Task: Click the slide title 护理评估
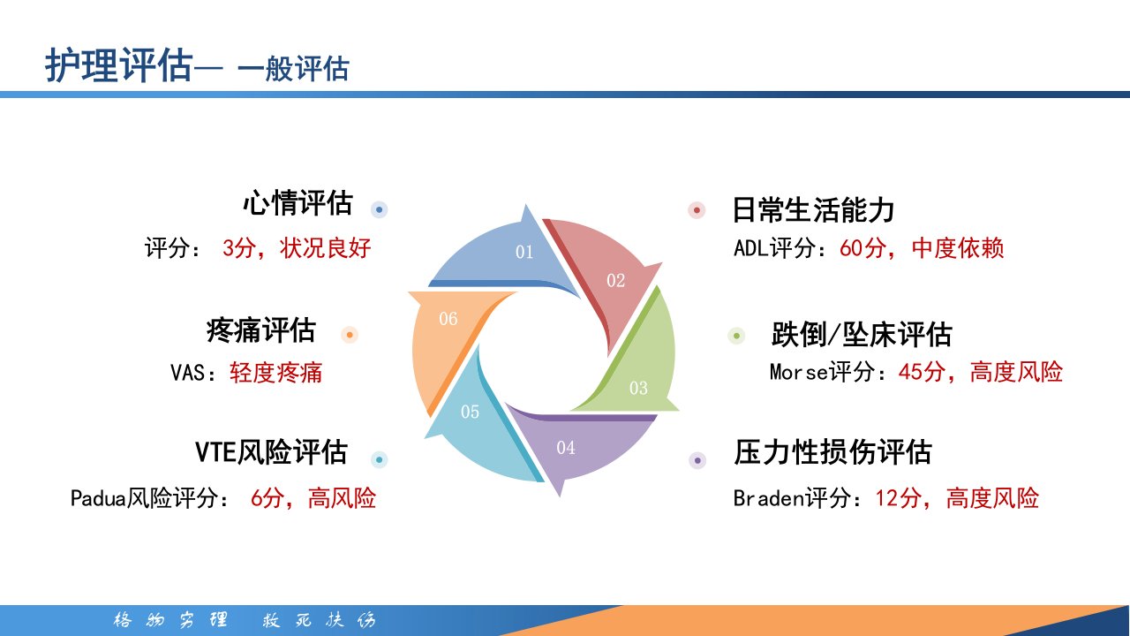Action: pyautogui.click(x=119, y=65)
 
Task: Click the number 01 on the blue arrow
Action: pyautogui.click(x=524, y=252)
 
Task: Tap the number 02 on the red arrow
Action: pyautogui.click(x=615, y=281)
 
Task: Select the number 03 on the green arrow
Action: pyautogui.click(x=638, y=388)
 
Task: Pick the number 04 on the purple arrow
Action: pyautogui.click(x=566, y=448)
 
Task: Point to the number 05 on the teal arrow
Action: pyautogui.click(x=470, y=412)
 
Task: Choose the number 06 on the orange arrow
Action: pyautogui.click(x=448, y=319)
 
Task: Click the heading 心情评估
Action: pyautogui.click(x=298, y=203)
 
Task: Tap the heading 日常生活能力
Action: pyautogui.click(x=813, y=210)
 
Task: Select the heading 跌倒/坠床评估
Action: pyautogui.click(x=862, y=334)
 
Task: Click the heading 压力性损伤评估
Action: pyautogui.click(x=832, y=451)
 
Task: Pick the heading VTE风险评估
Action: pyautogui.click(x=271, y=451)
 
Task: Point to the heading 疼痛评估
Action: pyautogui.click(x=260, y=330)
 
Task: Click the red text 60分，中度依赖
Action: pyautogui.click(x=922, y=248)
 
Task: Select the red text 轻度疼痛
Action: pyautogui.click(x=275, y=373)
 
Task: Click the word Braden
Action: pyautogui.click(x=769, y=498)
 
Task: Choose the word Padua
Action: pyautogui.click(x=98, y=498)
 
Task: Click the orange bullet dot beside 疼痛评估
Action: pyautogui.click(x=349, y=335)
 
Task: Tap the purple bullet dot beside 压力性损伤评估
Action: pyautogui.click(x=697, y=460)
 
